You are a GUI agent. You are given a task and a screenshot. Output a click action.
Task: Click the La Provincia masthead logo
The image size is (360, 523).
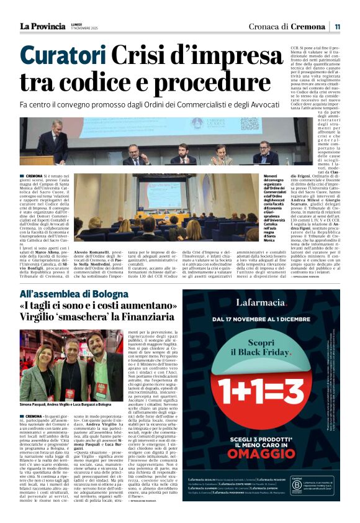coord(42,26)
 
